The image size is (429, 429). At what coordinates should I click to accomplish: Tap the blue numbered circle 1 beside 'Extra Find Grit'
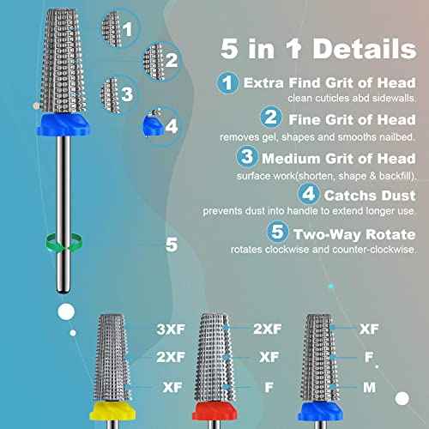pos(227,84)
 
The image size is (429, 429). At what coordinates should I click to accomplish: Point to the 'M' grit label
pos(369,388)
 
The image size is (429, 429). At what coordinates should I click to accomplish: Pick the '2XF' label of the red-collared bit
pos(267,329)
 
